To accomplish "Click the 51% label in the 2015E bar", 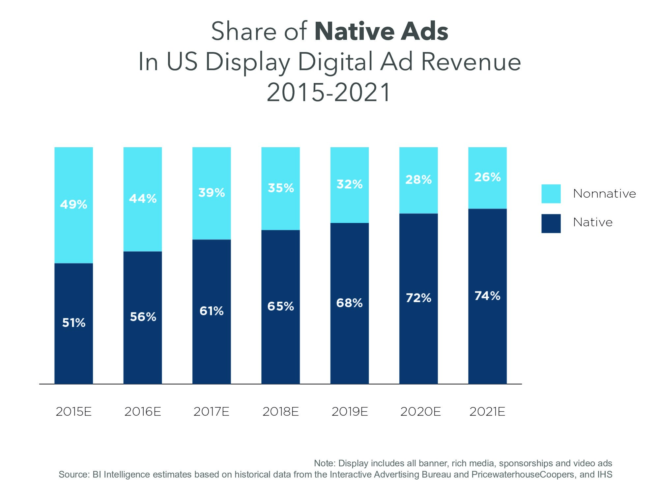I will tap(74, 323).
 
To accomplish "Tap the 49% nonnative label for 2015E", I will tap(74, 205).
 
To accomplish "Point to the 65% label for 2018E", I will tap(280, 307).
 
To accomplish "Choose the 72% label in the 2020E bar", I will tap(418, 298).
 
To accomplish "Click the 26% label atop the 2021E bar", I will tap(487, 177).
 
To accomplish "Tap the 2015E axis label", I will tap(73, 412).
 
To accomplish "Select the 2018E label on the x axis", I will tap(280, 412).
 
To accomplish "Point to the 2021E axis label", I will tap(487, 412).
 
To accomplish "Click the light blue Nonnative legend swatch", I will tap(551, 194).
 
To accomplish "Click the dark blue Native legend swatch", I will tap(551, 224).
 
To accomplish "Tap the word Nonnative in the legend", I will tap(604, 194).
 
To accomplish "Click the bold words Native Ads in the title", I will tap(381, 32).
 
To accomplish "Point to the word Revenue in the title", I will tap(471, 62).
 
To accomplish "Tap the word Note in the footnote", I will tap(324, 463).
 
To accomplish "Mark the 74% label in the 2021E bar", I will tap(487, 296).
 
